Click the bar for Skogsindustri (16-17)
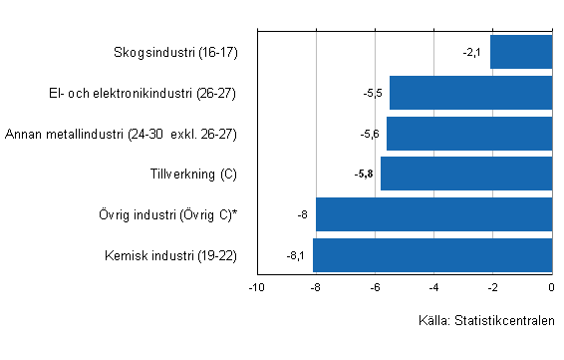(521, 52)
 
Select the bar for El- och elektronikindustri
(470, 93)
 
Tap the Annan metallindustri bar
(469, 133)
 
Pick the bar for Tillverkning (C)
(466, 174)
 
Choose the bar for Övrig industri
(433, 214)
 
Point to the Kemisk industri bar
(432, 254)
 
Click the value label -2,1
(472, 52)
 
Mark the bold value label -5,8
(364, 174)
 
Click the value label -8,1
(295, 254)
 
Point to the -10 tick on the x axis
(256, 287)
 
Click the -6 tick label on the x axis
(375, 287)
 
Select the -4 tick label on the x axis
(433, 287)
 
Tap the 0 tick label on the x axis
(551, 287)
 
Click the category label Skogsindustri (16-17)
(176, 52)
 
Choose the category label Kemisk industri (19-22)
(170, 254)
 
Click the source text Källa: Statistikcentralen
(486, 321)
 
